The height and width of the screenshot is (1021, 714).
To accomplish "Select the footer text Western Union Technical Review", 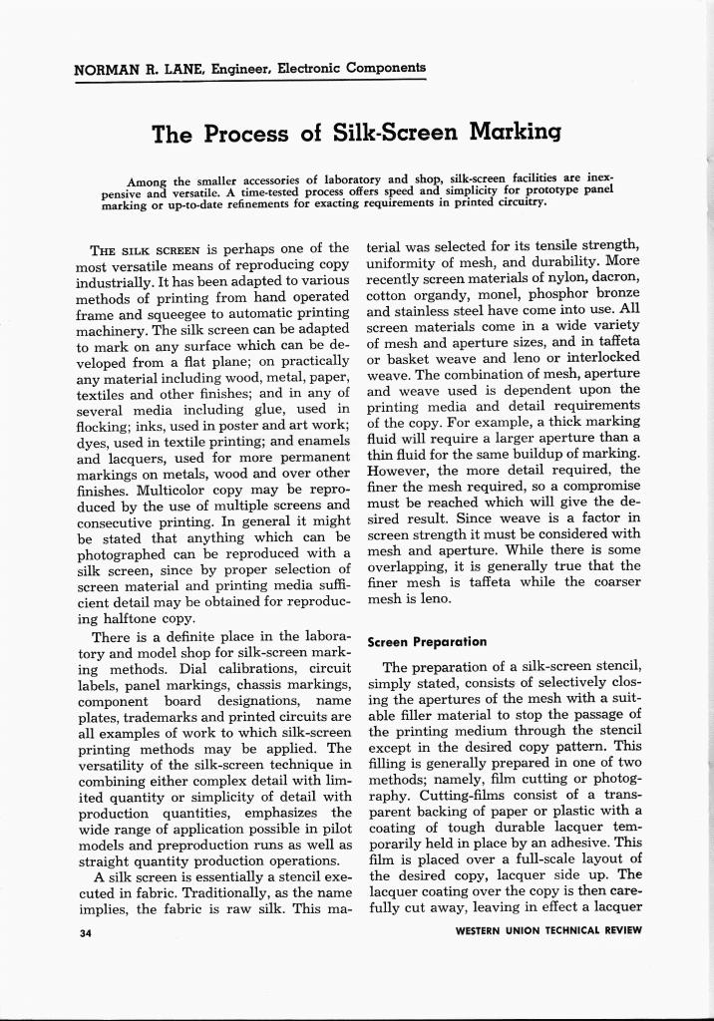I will pos(547,931).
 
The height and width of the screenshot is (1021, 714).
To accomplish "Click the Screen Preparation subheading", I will pos(427,642).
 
